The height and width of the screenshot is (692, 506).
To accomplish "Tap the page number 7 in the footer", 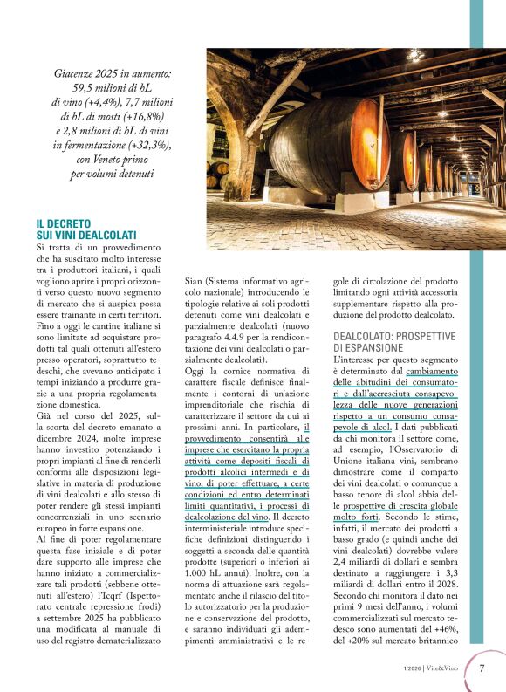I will click(482, 668).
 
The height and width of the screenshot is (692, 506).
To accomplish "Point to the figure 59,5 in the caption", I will click(85, 89).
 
